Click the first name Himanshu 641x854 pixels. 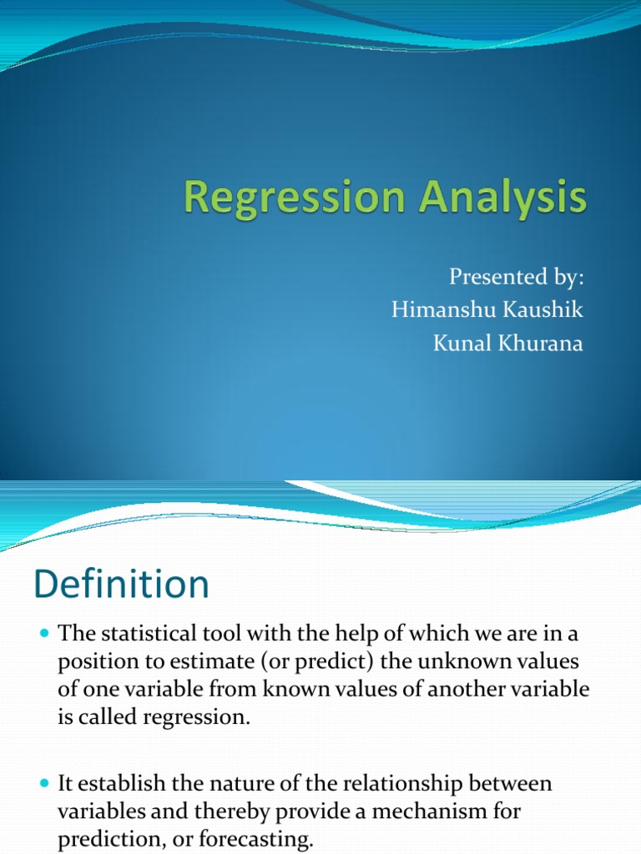point(437,310)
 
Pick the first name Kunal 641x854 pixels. point(458,344)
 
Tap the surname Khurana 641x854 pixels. point(535,344)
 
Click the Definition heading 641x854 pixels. point(121,585)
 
